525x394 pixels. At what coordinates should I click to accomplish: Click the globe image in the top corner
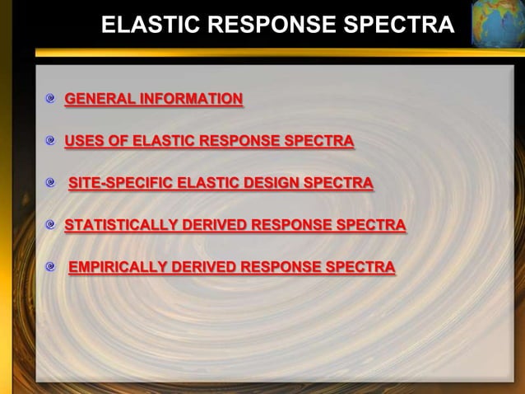[x=497, y=23]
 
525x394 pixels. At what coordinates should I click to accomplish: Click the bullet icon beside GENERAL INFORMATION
[x=51, y=101]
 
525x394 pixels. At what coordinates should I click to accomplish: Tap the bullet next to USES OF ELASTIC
[x=51, y=142]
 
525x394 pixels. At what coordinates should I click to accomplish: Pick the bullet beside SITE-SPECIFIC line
[x=51, y=183]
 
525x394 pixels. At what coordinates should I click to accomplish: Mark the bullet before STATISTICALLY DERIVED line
[x=51, y=224]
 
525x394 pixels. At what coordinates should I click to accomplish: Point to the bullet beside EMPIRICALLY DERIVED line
[x=51, y=267]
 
